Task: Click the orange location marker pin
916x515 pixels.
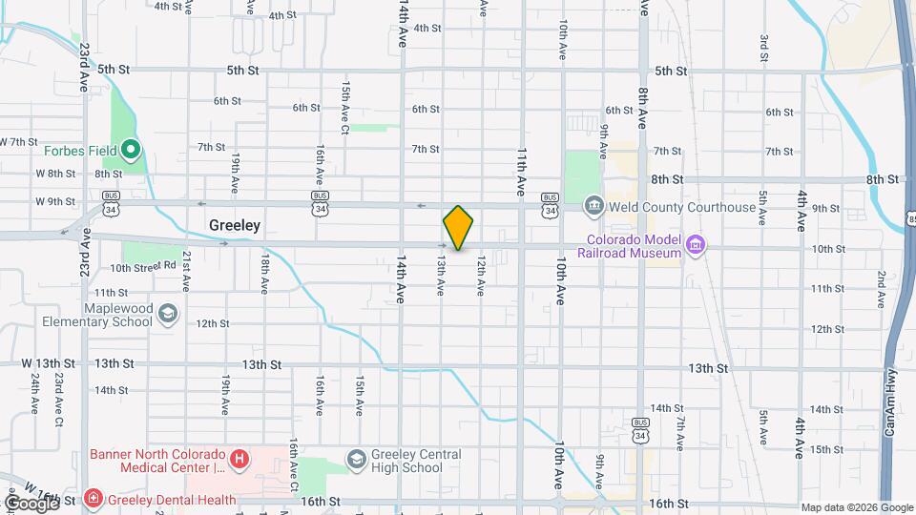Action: [458, 227]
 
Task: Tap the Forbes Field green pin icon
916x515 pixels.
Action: [131, 150]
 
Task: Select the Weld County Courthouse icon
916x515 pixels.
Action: [593, 206]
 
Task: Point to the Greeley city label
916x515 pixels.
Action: [235, 226]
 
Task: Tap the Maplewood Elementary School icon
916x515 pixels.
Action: [168, 315]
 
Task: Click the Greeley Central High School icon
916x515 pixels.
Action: [356, 461]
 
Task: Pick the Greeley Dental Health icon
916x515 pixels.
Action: [94, 498]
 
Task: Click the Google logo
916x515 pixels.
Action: [31, 502]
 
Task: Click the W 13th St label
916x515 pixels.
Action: [49, 364]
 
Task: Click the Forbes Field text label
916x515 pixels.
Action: [79, 150]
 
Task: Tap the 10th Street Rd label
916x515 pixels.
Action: [143, 267]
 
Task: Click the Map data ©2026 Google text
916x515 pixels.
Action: [857, 507]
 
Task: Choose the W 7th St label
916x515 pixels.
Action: [18, 142]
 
